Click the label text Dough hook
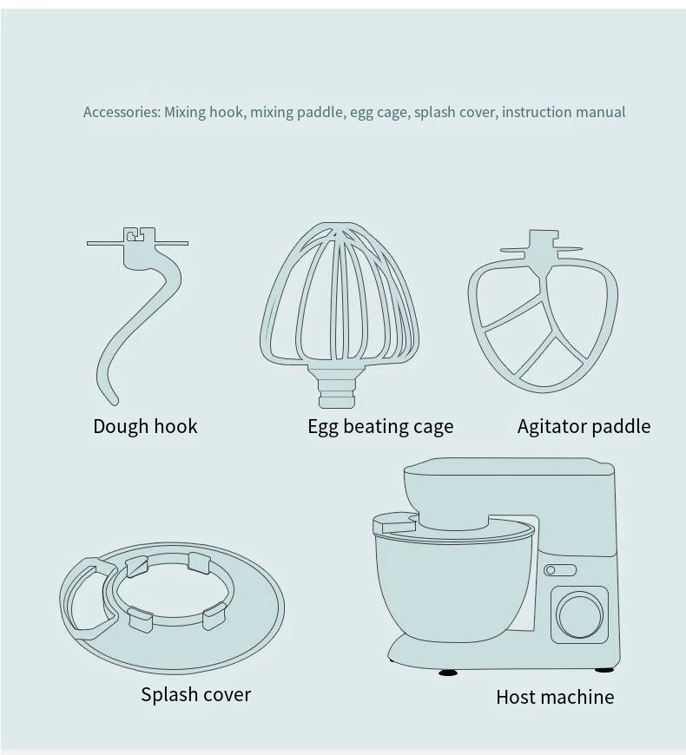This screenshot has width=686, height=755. pyautogui.click(x=145, y=426)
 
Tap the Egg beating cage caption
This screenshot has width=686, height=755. pyautogui.click(x=380, y=426)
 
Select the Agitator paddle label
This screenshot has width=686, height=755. pyautogui.click(x=584, y=426)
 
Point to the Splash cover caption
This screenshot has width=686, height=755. pyautogui.click(x=195, y=694)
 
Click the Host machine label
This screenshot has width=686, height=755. pyautogui.click(x=555, y=697)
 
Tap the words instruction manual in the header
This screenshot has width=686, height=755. pyautogui.click(x=564, y=112)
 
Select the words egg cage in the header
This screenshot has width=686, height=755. pyautogui.click(x=379, y=112)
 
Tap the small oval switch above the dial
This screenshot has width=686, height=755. pyautogui.click(x=560, y=570)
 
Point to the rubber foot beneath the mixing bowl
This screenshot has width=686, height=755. pyautogui.click(x=449, y=671)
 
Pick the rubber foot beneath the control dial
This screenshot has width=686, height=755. pyautogui.click(x=604, y=669)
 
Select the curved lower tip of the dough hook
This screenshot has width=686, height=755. pyautogui.click(x=105, y=389)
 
